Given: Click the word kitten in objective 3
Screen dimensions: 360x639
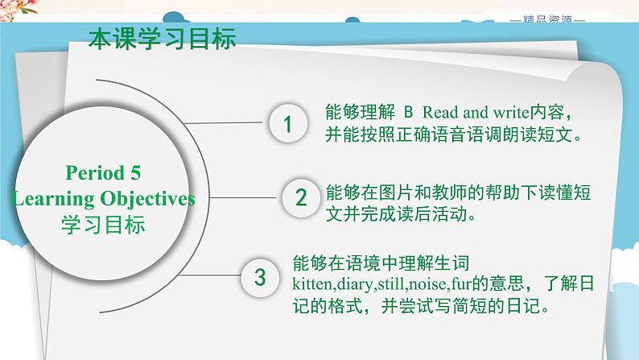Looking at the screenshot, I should pyautogui.click(x=311, y=285).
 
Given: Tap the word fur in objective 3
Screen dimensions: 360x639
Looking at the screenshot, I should pyautogui.click(x=451, y=285).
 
